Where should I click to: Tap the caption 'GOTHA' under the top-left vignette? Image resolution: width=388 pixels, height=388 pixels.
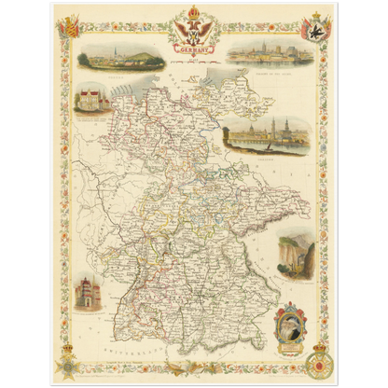122,72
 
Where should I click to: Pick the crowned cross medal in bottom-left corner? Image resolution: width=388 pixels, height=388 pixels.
69,364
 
